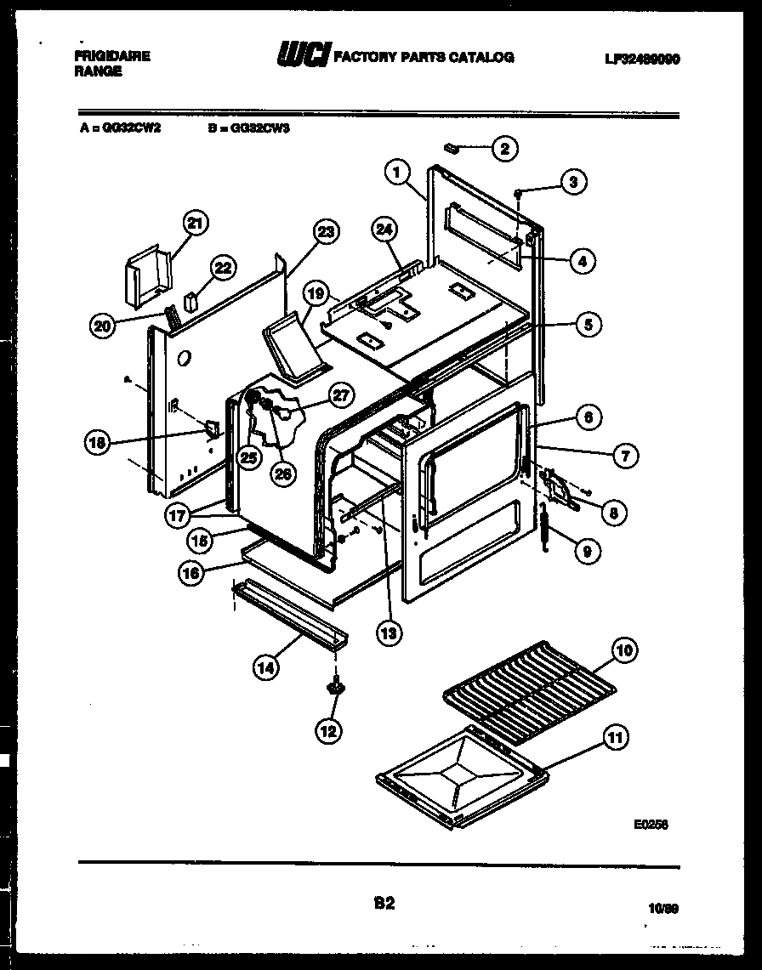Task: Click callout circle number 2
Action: pyautogui.click(x=504, y=149)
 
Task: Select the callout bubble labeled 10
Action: pyautogui.click(x=624, y=652)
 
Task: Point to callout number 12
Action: pyautogui.click(x=328, y=729)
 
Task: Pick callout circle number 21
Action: pyautogui.click(x=196, y=224)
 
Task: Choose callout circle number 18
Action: pyautogui.click(x=99, y=442)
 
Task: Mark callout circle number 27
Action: pyautogui.click(x=340, y=394)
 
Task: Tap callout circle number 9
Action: pyautogui.click(x=586, y=551)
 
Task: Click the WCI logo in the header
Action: pyautogui.click(x=302, y=56)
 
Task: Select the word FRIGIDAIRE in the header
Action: pyautogui.click(x=112, y=56)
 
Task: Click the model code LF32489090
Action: pyautogui.click(x=642, y=59)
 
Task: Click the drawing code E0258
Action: pyautogui.click(x=651, y=824)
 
